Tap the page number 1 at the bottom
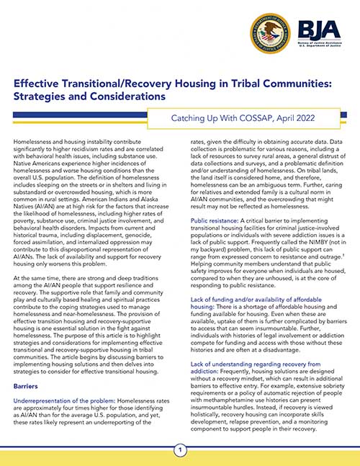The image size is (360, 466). pyautogui.click(x=179, y=450)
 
